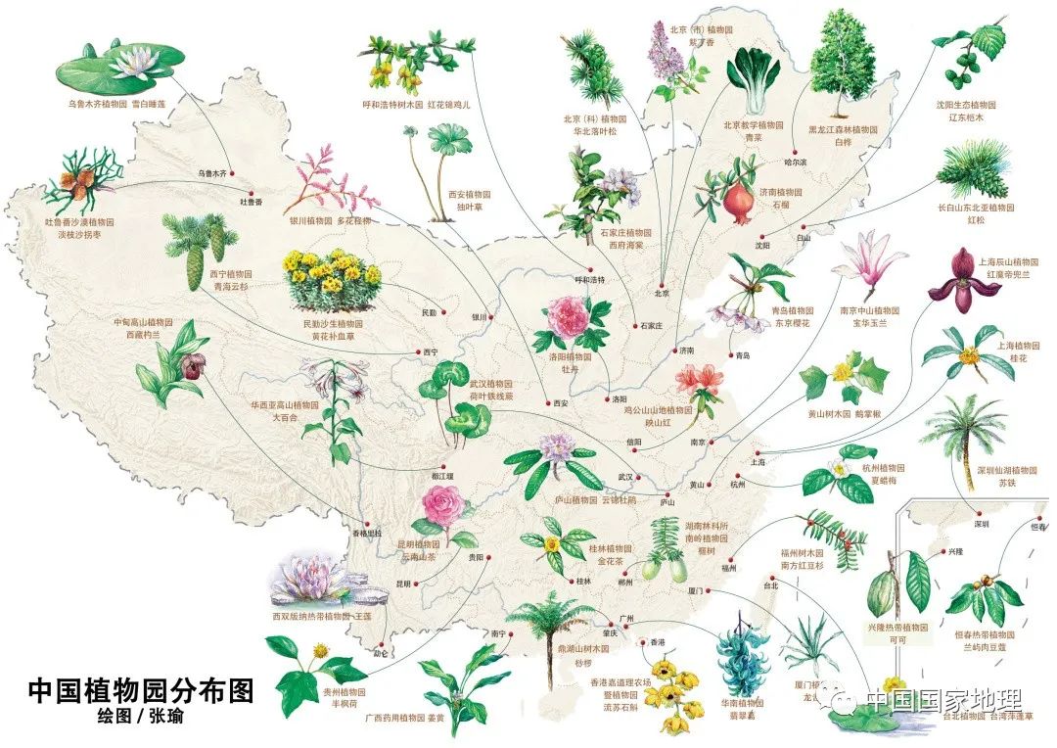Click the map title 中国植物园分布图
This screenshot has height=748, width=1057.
(140, 691)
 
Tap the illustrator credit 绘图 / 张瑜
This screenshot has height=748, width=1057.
(140, 718)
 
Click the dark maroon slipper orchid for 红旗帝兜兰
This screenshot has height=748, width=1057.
(954, 283)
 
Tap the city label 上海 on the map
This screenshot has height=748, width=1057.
(757, 461)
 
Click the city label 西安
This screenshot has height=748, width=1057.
(560, 403)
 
